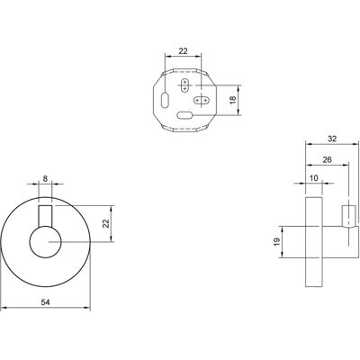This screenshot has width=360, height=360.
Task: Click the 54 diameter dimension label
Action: tap(45, 302)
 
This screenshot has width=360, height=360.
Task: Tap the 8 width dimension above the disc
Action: tap(45, 179)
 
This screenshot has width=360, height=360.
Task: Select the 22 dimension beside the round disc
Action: tap(106, 223)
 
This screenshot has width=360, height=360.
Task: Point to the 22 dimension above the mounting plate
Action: tap(183, 51)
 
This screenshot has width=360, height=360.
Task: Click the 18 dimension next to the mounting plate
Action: tap(233, 100)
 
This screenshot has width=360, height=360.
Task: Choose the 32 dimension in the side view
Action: tap(332, 139)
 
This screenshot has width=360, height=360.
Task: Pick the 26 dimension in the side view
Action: tap(328, 159)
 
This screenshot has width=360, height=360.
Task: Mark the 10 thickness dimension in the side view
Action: tap(313, 178)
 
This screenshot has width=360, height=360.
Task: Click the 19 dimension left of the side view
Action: tap(276, 242)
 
